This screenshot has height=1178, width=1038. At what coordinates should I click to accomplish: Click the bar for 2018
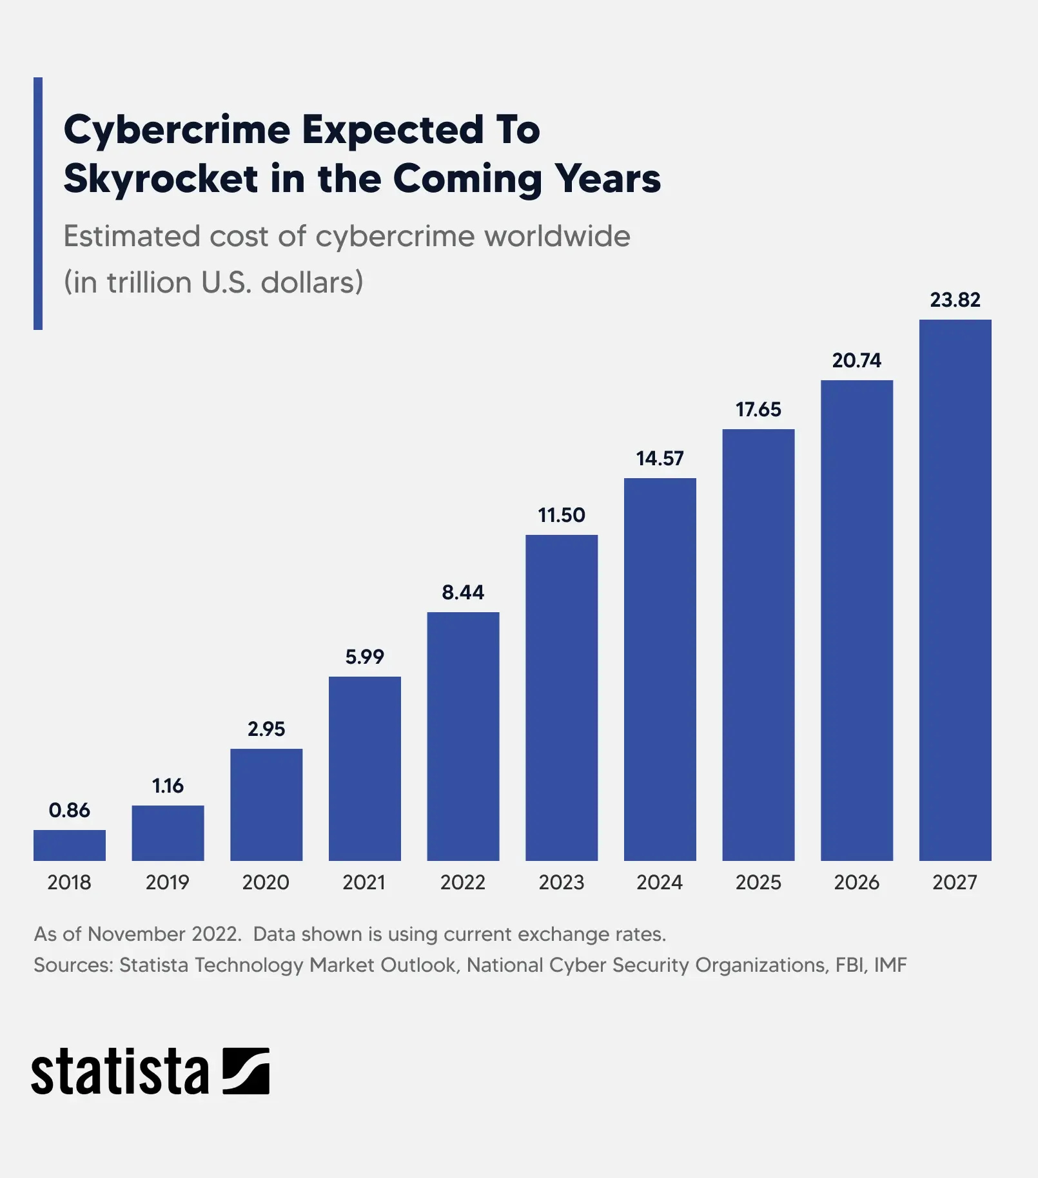69,845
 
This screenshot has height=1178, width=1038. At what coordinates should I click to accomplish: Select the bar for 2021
364,768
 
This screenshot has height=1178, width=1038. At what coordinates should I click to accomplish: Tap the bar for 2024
660,669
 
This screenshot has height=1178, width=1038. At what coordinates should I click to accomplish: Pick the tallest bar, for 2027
955,590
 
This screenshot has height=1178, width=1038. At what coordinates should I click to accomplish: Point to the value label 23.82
955,300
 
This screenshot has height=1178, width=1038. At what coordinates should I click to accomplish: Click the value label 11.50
562,515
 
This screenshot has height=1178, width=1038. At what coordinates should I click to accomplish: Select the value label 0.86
69,810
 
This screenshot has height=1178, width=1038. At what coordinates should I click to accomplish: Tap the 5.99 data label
364,657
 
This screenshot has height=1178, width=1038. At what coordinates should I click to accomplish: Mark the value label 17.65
758,409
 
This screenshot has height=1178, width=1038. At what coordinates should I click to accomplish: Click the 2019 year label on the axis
168,882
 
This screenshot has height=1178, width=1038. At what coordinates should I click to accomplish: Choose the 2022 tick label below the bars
463,882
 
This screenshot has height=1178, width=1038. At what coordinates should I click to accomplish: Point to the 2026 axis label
856,882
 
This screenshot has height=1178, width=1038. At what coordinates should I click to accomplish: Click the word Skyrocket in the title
161,179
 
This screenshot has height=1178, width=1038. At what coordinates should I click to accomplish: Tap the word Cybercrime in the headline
177,130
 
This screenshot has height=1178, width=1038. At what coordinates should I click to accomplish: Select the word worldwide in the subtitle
557,237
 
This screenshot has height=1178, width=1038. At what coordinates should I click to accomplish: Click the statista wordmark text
120,1072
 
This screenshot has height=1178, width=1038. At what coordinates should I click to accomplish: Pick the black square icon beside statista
246,1070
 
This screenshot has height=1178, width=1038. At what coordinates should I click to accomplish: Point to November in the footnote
136,934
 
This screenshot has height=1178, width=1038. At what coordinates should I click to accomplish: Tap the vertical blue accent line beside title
38,203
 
